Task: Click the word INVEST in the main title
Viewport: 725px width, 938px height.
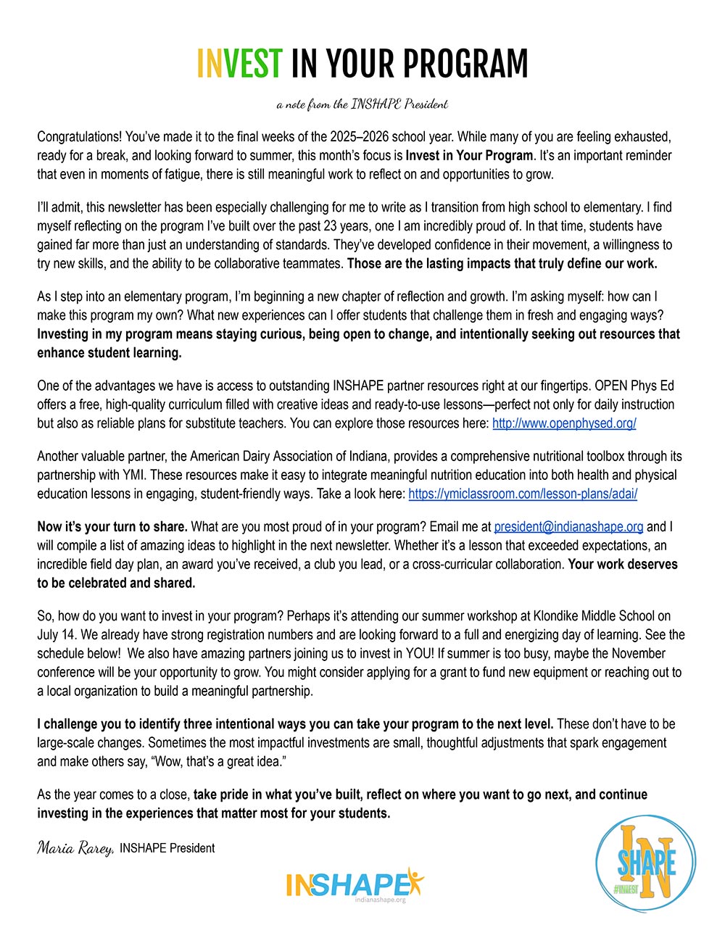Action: (x=239, y=64)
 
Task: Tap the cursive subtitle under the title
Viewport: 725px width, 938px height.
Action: (x=362, y=104)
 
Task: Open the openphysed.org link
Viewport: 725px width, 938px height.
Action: (x=564, y=423)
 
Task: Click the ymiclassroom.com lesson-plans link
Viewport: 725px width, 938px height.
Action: (x=523, y=494)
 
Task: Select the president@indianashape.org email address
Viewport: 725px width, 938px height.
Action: (x=568, y=526)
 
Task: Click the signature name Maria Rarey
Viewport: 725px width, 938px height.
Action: (x=75, y=847)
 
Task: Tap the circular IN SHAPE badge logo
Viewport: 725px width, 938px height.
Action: (x=645, y=863)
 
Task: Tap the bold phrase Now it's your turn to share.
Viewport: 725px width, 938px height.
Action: (x=112, y=526)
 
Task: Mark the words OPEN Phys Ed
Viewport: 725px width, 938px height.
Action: (x=640, y=386)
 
